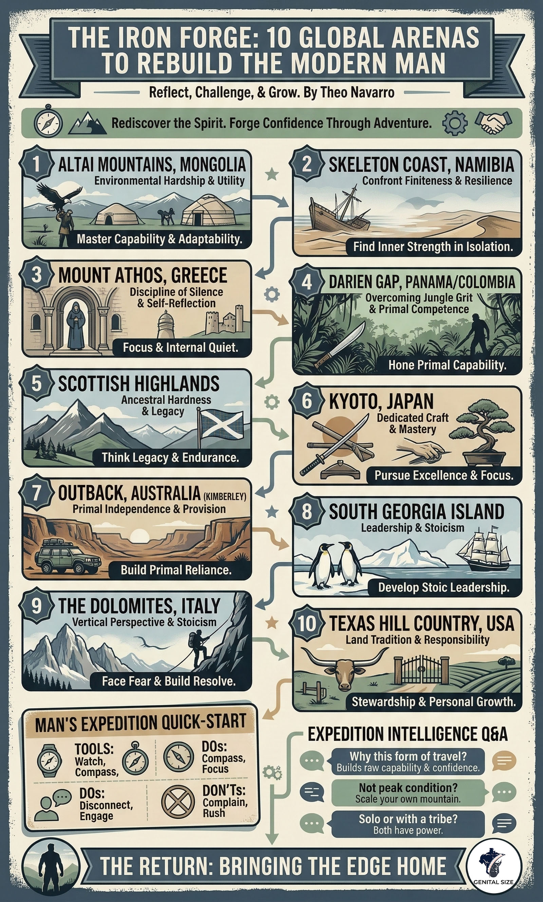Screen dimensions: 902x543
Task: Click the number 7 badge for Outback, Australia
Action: coord(36,493)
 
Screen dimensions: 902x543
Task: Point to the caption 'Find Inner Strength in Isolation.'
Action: coord(432,246)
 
